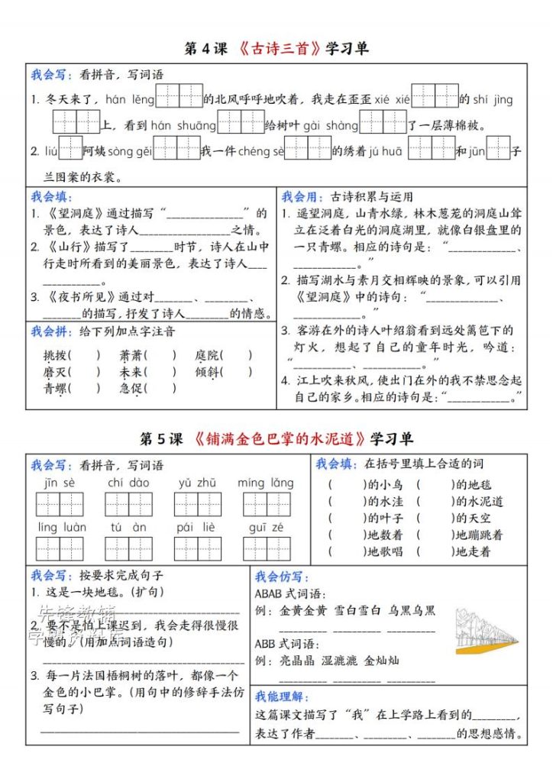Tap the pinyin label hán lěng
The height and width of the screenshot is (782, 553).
coord(129,99)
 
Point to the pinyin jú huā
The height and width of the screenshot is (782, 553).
coord(385,151)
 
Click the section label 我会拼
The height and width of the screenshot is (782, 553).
coord(51,331)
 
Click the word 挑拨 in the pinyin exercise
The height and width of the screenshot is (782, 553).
coord(55,355)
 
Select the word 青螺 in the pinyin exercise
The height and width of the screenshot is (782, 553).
coord(55,389)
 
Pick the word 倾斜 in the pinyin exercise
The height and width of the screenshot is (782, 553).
coord(207,372)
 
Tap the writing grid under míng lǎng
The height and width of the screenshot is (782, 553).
coord(266,504)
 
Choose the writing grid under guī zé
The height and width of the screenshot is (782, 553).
coord(266,548)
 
